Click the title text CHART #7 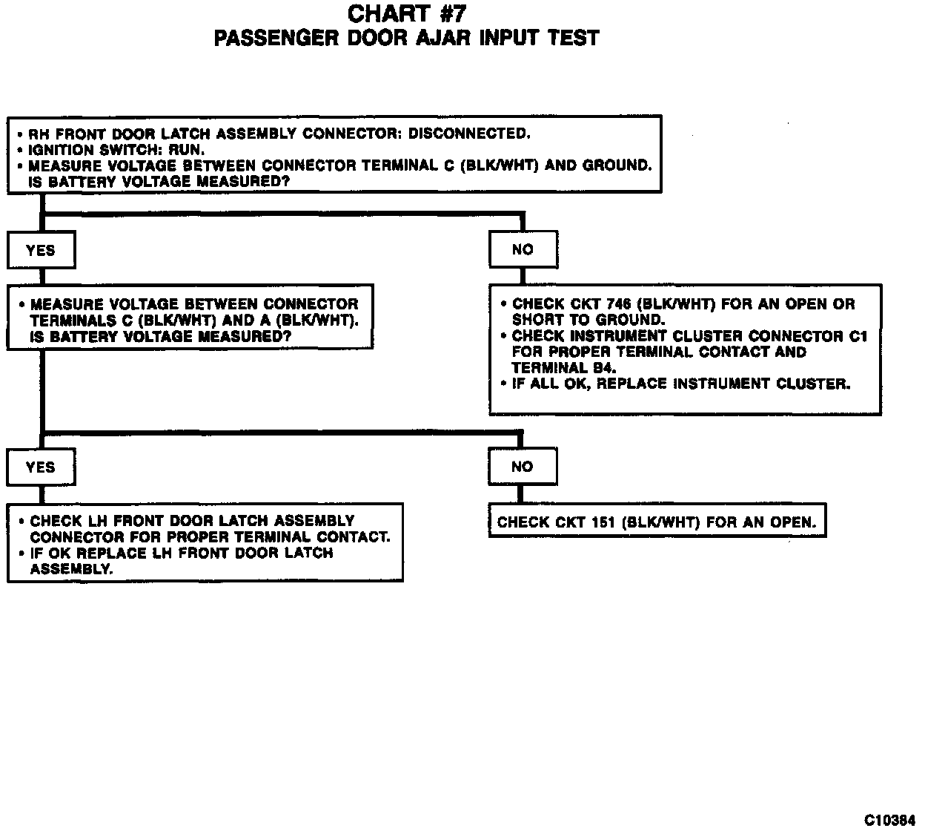coord(407,13)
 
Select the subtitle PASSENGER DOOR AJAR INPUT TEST coord(406,38)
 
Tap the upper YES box coord(41,250)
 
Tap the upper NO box coord(523,249)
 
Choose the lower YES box coord(41,467)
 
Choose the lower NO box coord(522,467)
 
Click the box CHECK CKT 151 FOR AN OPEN coord(657,522)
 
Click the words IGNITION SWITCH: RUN coord(116,150)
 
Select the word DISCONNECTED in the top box coord(469,134)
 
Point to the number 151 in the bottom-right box coord(597,522)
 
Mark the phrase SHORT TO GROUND coord(589,320)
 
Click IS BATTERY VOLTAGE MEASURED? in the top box coord(158,182)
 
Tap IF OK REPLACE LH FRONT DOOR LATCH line coord(182,553)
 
